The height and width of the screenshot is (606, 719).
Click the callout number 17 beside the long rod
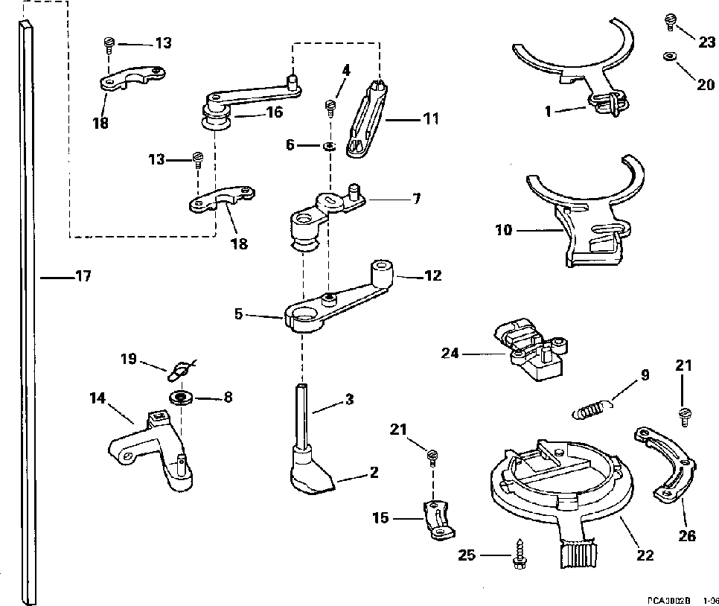pyautogui.click(x=83, y=277)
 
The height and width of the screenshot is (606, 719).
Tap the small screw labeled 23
pyautogui.click(x=670, y=22)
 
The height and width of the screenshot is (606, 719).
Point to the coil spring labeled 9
pyautogui.click(x=594, y=408)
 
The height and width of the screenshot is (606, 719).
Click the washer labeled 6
pyautogui.click(x=327, y=145)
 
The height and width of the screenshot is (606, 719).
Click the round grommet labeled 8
pyautogui.click(x=180, y=397)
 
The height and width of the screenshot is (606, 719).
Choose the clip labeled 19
pyautogui.click(x=179, y=369)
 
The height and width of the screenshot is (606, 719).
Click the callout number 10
pyautogui.click(x=503, y=231)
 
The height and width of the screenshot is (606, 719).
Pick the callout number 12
pyautogui.click(x=432, y=276)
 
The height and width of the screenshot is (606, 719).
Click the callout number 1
pyautogui.click(x=547, y=112)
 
